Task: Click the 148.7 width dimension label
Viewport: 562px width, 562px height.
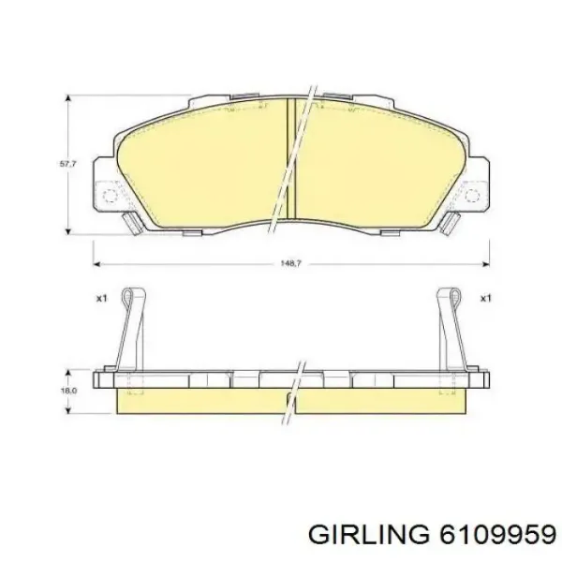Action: coord(291,263)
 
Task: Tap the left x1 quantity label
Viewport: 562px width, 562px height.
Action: coord(102,298)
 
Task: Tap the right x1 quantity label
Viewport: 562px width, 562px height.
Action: coord(485,298)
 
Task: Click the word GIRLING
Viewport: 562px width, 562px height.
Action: coord(368,538)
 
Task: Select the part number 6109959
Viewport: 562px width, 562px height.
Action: coord(497,538)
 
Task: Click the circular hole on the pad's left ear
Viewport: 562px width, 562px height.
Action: coord(110,196)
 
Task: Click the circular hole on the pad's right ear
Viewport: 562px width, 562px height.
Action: coord(472,196)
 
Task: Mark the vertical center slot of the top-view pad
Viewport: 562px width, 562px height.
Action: coord(291,158)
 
